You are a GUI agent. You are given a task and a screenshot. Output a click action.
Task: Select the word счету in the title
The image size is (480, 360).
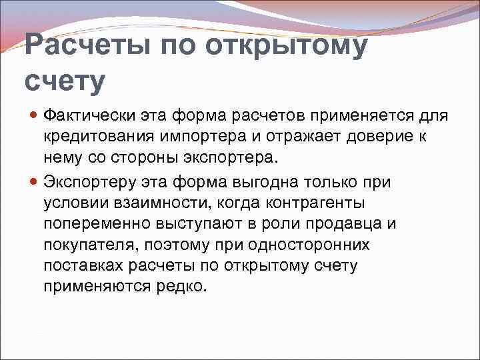(65, 81)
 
